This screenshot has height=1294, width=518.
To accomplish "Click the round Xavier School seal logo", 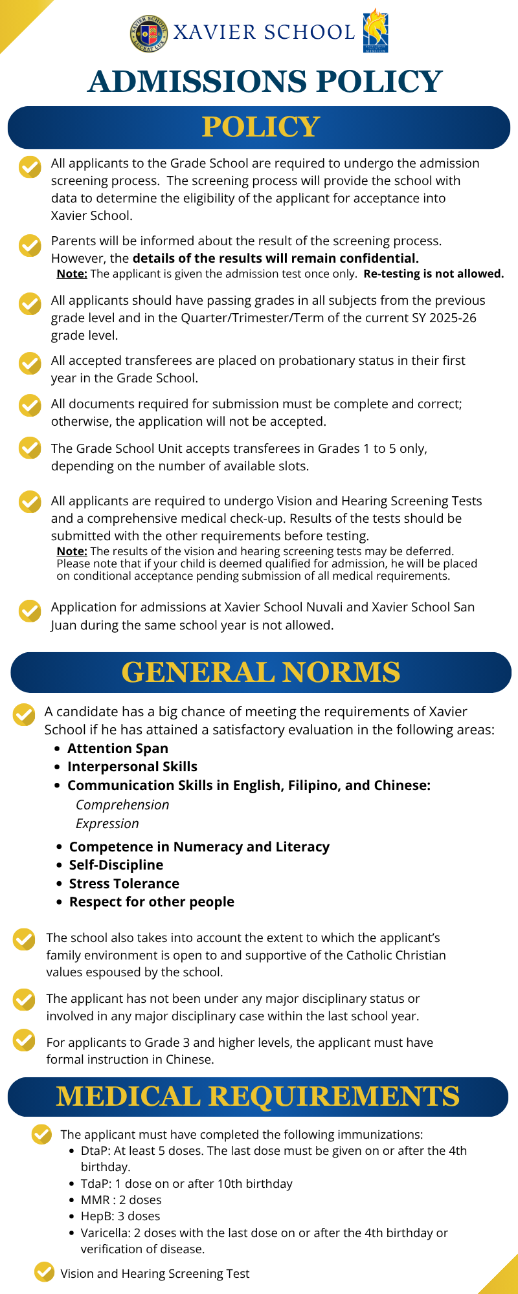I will (x=148, y=34).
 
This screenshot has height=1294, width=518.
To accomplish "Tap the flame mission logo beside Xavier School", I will (x=375, y=30).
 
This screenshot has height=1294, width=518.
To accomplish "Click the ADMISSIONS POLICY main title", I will (x=265, y=82).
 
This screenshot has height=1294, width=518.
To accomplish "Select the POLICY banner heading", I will (x=260, y=127).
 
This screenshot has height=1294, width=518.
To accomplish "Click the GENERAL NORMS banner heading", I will (x=260, y=672).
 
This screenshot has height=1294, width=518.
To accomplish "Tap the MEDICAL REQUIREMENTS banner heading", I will (x=258, y=1097).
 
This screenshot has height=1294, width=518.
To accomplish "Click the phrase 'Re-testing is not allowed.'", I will (x=433, y=274).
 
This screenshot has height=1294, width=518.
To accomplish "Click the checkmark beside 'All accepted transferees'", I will (x=30, y=363).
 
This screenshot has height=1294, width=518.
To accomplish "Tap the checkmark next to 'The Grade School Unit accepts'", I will (x=30, y=448).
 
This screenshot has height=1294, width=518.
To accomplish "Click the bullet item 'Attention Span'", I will (x=118, y=749).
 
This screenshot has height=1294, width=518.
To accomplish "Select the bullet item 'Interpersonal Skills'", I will (x=132, y=767).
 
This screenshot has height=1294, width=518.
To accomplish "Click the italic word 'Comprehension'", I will (x=122, y=805).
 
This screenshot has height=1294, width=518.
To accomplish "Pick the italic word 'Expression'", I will (x=107, y=824).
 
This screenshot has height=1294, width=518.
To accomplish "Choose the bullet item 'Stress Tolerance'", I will (x=124, y=884).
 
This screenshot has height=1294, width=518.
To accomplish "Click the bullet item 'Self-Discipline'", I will (x=117, y=865).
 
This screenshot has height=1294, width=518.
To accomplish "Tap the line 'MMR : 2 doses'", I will (x=121, y=1200).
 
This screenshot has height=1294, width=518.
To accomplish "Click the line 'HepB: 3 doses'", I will (x=120, y=1216).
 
